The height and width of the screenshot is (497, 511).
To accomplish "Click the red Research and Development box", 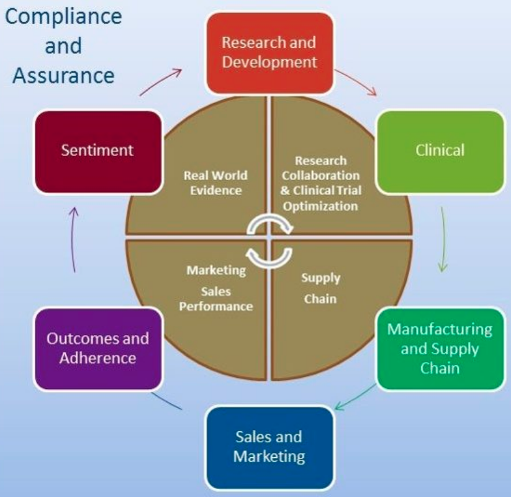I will (x=269, y=53).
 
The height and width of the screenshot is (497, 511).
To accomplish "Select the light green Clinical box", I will (x=440, y=150).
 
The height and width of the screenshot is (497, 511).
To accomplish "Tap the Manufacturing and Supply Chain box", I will (x=440, y=348).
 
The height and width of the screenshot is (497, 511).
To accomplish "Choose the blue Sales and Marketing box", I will (x=269, y=446).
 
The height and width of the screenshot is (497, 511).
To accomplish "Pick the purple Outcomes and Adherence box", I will (x=97, y=349).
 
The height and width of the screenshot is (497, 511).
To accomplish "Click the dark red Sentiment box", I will (x=97, y=150).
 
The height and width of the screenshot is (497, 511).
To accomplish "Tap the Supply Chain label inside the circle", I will (x=320, y=288).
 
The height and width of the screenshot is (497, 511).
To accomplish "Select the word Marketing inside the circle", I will (x=216, y=270).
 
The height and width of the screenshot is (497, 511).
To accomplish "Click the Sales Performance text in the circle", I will (x=216, y=299).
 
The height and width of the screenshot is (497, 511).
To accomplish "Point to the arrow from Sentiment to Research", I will (x=161, y=81).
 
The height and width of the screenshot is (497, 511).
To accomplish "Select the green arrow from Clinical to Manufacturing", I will (x=442, y=239).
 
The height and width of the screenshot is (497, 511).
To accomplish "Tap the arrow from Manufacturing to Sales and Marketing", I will (x=355, y=398).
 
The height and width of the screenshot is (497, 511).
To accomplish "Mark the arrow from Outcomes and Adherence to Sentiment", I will (x=74, y=239).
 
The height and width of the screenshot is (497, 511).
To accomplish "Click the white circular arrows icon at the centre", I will (x=269, y=239).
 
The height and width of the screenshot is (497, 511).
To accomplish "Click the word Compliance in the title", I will (x=63, y=17).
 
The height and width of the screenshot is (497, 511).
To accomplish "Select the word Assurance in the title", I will (x=63, y=75).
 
